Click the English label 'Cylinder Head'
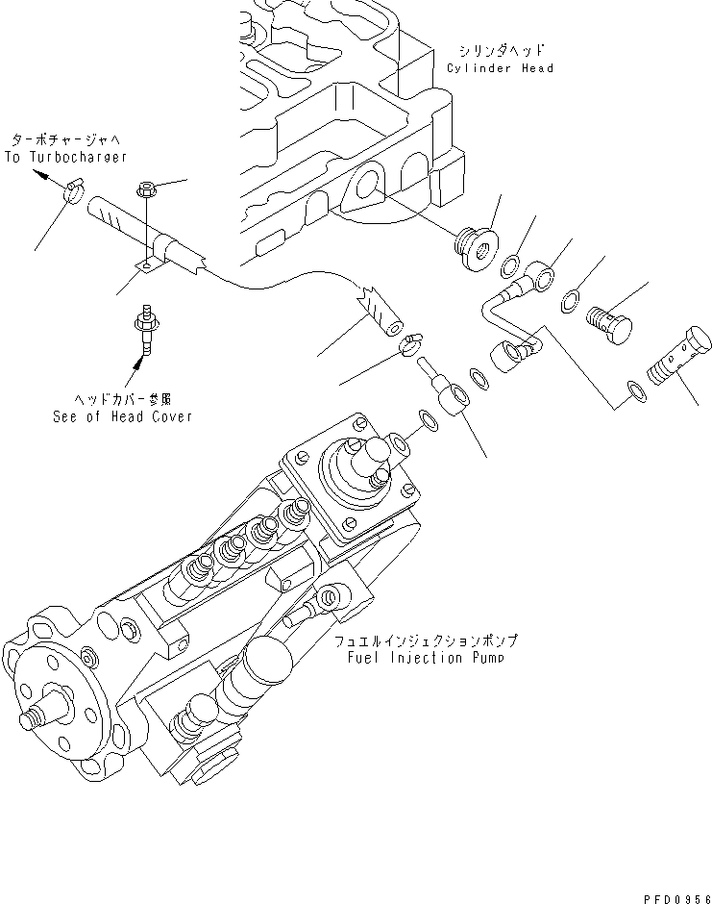click(x=500, y=68)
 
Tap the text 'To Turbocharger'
click(x=65, y=156)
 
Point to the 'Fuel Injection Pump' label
click(x=426, y=658)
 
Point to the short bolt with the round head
click(x=609, y=323)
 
